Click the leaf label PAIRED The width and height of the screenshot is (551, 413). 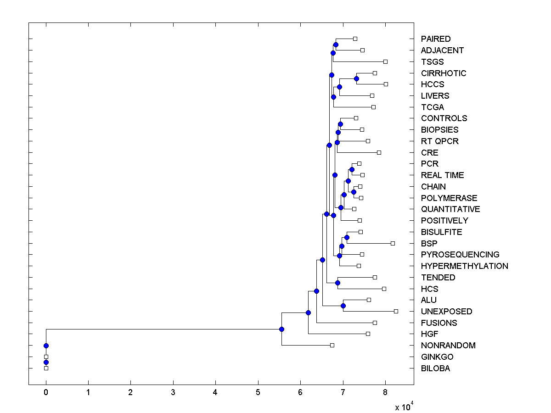pos(435,39)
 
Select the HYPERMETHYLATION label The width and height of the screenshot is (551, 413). pos(464,266)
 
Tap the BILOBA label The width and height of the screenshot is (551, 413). pos(435,368)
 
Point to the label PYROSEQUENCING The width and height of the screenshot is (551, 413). pos(460,255)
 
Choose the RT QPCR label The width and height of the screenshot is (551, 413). pos(439,141)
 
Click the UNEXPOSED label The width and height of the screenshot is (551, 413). pos(446,312)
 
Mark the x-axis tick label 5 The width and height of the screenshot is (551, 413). pos(258,392)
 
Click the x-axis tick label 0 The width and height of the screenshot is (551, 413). pos(46,392)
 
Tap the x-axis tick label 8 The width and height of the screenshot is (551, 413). pos(385,392)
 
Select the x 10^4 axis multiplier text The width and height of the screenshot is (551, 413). pos(405,407)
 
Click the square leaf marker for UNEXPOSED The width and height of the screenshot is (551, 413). pos(396,311)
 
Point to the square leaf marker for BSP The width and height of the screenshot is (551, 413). pos(393,243)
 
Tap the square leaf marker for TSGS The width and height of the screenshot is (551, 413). pos(385,61)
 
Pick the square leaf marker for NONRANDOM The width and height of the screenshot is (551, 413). pos(332,345)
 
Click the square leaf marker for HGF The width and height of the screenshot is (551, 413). pos(368,334)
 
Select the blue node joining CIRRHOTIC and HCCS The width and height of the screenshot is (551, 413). pos(356,78)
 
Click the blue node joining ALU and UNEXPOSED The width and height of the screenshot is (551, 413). pos(343,306)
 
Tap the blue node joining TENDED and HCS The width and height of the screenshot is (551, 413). pos(337,283)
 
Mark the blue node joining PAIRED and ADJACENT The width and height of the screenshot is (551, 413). pos(336,45)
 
